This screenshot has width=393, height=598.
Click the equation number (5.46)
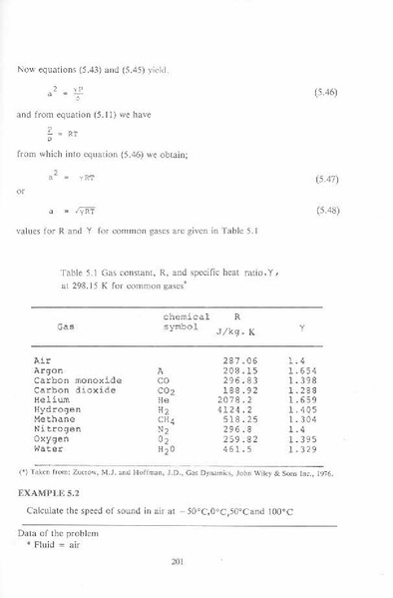[326, 91]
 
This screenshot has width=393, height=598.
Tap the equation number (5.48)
[326, 211]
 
